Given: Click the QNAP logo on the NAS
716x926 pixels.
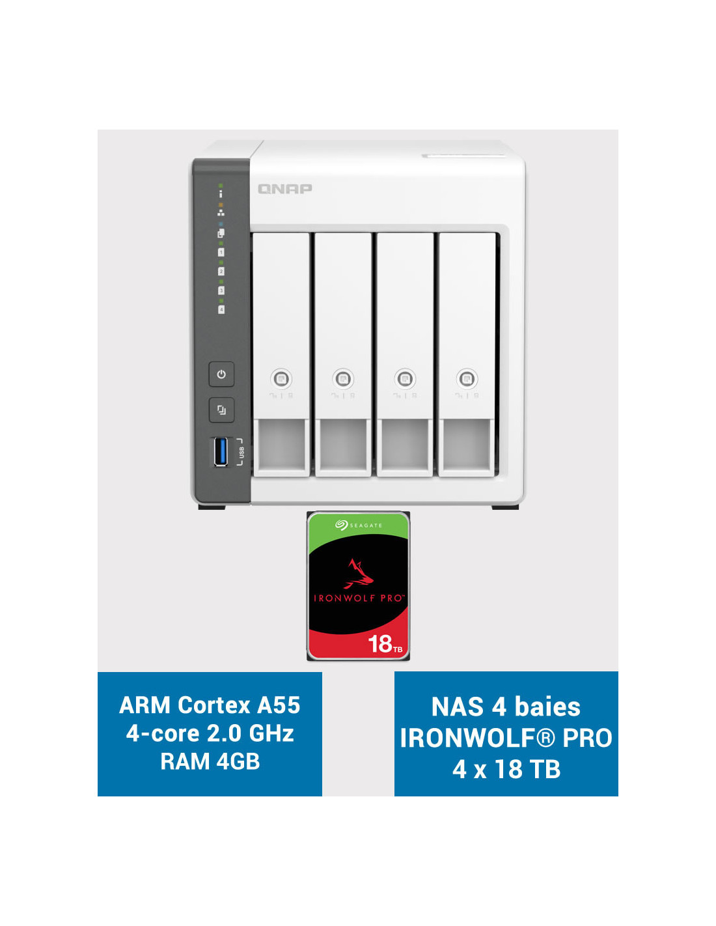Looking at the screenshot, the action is coord(284,189).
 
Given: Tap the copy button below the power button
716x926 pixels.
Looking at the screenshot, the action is coord(221,410).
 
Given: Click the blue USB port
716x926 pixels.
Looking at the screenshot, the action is coord(221,451).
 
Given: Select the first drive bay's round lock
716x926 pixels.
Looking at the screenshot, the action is coord(281,378).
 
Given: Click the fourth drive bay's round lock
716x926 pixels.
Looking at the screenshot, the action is coord(467,378).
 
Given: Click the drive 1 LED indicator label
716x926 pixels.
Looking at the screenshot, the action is coord(221,252).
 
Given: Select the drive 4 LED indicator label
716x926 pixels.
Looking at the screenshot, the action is coord(221,309).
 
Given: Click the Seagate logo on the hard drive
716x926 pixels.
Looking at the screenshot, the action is coord(358,525).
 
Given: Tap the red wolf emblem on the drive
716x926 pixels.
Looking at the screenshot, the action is coord(360,574).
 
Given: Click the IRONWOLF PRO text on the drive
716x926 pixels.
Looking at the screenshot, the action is coord(358,598).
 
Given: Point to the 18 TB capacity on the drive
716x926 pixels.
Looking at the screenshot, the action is coord(385,643).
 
